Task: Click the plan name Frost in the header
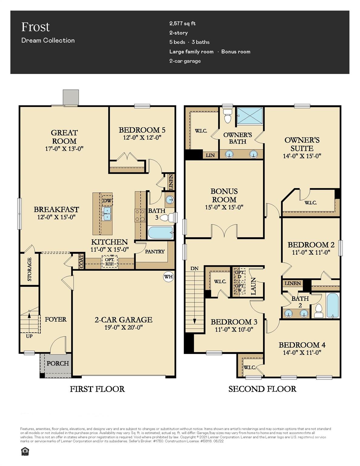coord(35,27)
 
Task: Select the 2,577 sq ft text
coord(182,23)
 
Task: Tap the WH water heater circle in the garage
coord(168,276)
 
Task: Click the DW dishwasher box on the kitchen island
coord(107,201)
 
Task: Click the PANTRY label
coord(155,252)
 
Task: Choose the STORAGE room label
coord(29,269)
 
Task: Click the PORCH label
coord(58,363)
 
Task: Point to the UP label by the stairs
coord(29,336)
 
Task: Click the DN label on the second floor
coord(194,268)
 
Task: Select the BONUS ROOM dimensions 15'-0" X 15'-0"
coord(224,207)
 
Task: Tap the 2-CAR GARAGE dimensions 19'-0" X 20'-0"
coord(123,327)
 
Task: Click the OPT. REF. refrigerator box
coord(109,262)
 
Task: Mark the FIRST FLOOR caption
coord(97,389)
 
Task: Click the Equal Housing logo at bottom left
coord(25,452)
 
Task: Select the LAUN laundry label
coord(254,286)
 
